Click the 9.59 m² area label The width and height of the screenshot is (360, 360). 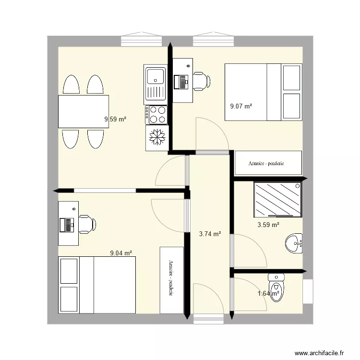[115, 119]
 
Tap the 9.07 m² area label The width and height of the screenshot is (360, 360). [241, 106]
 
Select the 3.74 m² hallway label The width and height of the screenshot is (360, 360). [210, 234]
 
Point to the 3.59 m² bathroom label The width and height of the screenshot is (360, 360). [268, 225]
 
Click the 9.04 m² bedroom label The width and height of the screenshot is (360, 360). [121, 253]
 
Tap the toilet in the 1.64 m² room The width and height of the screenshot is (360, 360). [276, 288]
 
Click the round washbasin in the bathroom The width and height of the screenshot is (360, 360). [294, 243]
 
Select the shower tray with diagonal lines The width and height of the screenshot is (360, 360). [278, 200]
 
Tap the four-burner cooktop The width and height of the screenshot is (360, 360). [156, 115]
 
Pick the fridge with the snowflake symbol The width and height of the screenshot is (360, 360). [157, 138]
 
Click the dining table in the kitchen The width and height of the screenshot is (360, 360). [84, 111]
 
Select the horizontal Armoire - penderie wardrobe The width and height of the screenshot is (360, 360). [268, 163]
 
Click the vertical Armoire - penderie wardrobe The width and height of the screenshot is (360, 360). [172, 280]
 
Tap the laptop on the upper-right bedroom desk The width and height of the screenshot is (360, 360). [181, 82]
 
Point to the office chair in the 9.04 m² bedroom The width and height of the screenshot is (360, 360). [87, 224]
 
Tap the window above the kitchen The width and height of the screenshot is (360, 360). [142, 39]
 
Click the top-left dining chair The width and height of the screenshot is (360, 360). [71, 84]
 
